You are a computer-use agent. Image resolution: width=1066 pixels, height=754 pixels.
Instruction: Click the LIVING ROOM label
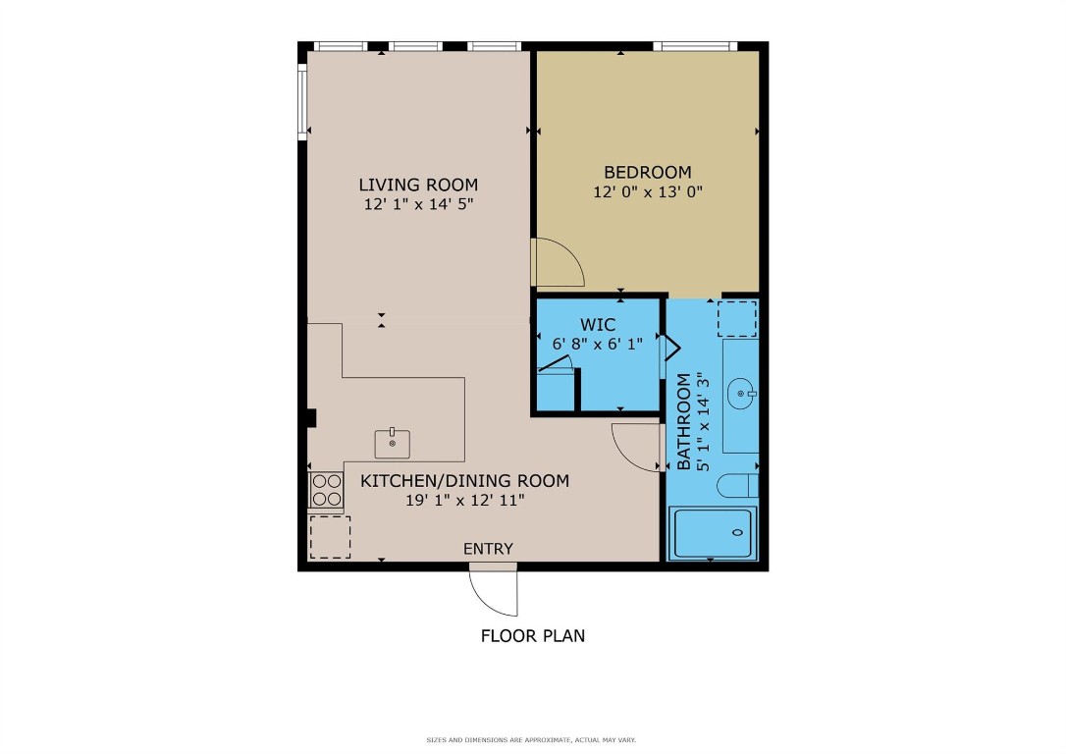418,185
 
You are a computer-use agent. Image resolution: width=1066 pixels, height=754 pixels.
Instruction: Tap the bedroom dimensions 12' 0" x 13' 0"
647,192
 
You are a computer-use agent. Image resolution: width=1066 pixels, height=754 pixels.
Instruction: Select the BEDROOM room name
647,173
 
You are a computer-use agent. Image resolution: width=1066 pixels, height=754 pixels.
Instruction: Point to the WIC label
598,325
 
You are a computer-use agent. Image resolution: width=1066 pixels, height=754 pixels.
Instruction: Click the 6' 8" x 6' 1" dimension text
598,345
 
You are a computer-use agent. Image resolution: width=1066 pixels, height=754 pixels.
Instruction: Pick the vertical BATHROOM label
684,422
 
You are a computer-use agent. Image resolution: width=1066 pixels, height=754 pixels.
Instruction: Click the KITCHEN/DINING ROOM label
464,481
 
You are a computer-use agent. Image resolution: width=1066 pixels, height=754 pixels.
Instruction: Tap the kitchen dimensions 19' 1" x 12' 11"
465,501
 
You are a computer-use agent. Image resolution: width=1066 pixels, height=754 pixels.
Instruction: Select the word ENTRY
488,549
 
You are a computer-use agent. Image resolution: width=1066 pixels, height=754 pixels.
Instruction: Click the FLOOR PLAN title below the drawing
532,635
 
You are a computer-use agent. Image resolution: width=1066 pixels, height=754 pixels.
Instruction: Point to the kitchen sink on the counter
393,444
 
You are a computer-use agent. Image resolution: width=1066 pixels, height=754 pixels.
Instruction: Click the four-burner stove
326,490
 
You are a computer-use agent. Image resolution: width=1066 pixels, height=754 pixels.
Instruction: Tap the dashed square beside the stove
330,537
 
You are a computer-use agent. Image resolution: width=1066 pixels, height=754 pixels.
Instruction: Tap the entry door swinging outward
495,591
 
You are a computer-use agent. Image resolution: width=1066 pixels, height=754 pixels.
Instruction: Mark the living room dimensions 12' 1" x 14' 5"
418,205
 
